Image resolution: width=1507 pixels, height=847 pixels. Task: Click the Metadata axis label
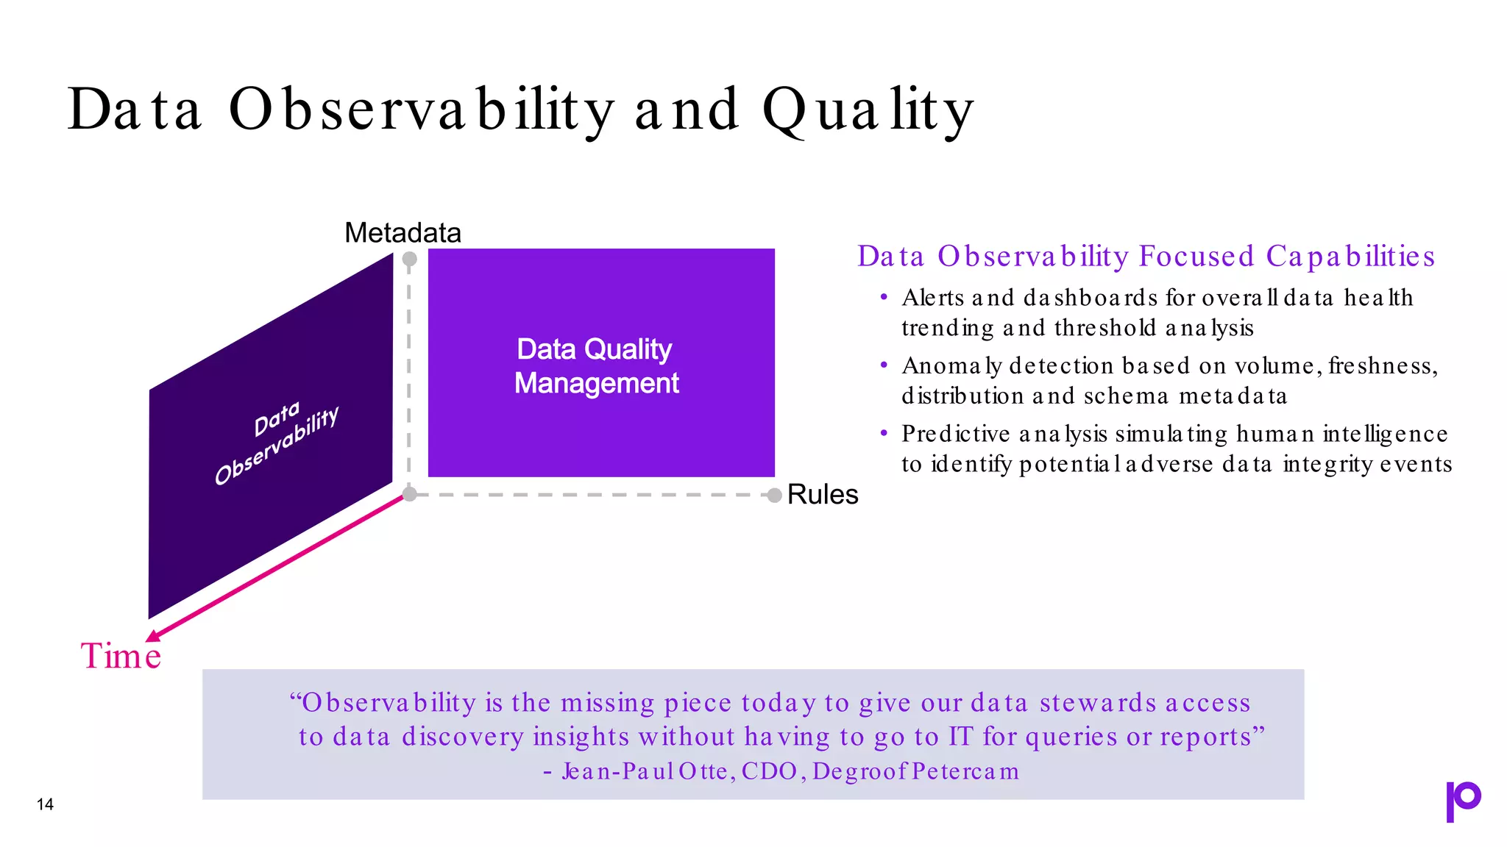coord(403,233)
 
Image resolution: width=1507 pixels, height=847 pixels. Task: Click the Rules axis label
coord(822,495)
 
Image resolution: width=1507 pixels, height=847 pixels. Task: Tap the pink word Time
coord(121,656)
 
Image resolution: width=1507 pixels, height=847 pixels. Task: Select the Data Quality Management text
coord(595,366)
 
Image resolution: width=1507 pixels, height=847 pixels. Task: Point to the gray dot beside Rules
coord(774,496)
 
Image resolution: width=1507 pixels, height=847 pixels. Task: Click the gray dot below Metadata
coord(410,259)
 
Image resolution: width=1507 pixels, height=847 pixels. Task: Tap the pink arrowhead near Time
coord(153,635)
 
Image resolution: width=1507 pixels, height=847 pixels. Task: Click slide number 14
coord(45,804)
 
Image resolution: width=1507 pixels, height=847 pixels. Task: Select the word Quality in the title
coord(868,110)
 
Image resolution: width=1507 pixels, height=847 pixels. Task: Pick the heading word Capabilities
coord(1350,256)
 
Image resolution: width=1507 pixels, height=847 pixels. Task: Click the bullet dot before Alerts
coord(884,297)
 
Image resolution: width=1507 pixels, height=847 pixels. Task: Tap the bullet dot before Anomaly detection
coord(884,365)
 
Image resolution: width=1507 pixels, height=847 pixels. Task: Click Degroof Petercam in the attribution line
coord(916,771)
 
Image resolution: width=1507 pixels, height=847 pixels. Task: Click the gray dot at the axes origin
coord(410,494)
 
